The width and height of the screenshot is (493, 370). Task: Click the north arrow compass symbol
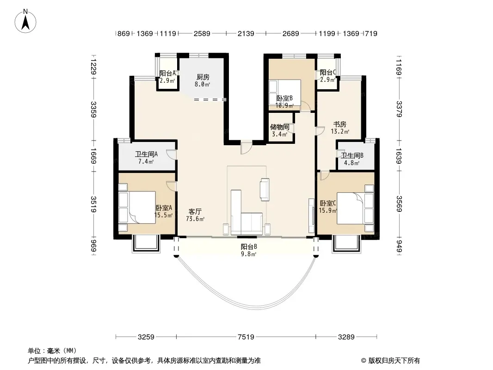click(x=25, y=21)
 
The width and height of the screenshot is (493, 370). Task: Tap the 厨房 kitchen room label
click(x=203, y=77)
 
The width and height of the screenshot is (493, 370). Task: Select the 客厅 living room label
click(x=195, y=211)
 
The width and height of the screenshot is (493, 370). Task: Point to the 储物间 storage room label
click(x=279, y=127)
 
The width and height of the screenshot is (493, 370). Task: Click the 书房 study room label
click(x=339, y=124)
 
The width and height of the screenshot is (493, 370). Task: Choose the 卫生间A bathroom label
click(x=146, y=154)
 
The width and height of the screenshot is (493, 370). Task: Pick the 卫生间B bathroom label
click(x=352, y=155)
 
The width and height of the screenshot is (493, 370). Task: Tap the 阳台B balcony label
click(x=249, y=247)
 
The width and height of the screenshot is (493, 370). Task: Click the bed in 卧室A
click(x=137, y=208)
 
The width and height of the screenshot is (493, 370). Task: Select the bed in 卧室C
click(x=355, y=209)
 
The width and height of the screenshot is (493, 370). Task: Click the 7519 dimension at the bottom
click(x=246, y=337)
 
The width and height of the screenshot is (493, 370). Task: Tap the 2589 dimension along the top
click(x=202, y=33)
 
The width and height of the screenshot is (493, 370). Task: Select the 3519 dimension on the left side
click(x=93, y=204)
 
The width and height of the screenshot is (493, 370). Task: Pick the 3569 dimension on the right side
click(x=399, y=203)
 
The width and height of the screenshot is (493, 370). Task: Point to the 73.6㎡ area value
click(x=195, y=219)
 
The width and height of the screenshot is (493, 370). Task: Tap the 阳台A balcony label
click(x=167, y=73)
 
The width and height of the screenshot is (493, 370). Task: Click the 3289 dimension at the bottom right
click(x=346, y=337)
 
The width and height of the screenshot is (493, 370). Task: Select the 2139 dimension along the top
click(x=246, y=33)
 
